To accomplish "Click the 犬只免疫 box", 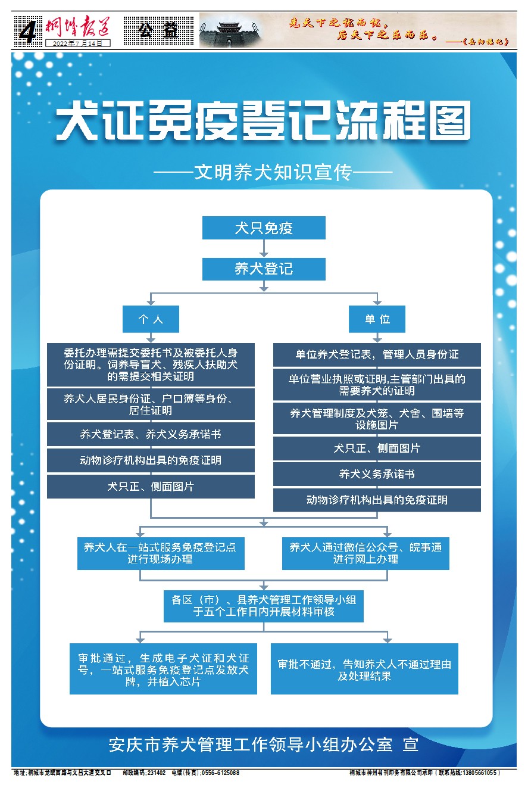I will click(264, 228).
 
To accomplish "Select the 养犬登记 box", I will click(264, 269).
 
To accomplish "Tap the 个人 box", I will click(151, 319).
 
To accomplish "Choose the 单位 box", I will click(377, 319).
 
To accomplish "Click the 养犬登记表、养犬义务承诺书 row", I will click(151, 435).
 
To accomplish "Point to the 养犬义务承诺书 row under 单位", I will click(377, 474).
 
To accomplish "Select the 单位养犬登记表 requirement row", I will click(377, 354).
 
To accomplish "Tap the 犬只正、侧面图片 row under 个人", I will click(151, 487).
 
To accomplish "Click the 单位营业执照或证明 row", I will click(377, 385).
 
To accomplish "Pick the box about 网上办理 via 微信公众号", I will click(365, 553).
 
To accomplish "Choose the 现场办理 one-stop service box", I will click(161, 553).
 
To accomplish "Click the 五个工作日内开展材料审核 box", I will click(264, 606).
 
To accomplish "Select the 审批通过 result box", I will click(163, 669).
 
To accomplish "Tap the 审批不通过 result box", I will click(364, 669).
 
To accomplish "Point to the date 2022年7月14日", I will click(77, 43).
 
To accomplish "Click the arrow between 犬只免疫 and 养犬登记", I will click(264, 249).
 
